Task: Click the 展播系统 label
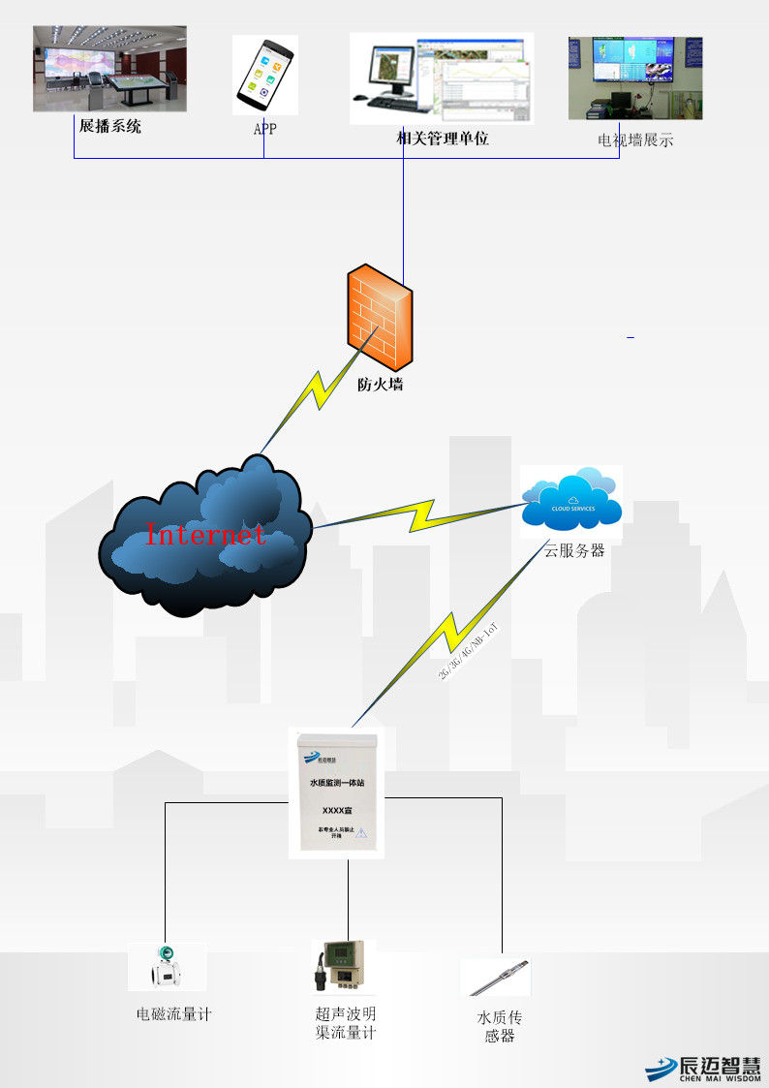click(x=110, y=126)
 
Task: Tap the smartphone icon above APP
click(x=264, y=75)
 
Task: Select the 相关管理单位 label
click(x=443, y=139)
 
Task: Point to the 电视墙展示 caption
click(x=635, y=140)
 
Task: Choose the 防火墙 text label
click(x=380, y=385)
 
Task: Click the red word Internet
click(x=205, y=534)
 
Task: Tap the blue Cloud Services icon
click(x=570, y=500)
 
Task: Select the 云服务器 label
click(x=574, y=550)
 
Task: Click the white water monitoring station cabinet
click(x=335, y=793)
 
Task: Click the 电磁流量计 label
click(x=173, y=1014)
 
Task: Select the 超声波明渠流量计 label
click(x=346, y=1023)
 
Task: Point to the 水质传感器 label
click(x=500, y=1027)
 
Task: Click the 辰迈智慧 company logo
click(x=703, y=1066)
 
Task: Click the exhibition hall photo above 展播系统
click(x=109, y=68)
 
